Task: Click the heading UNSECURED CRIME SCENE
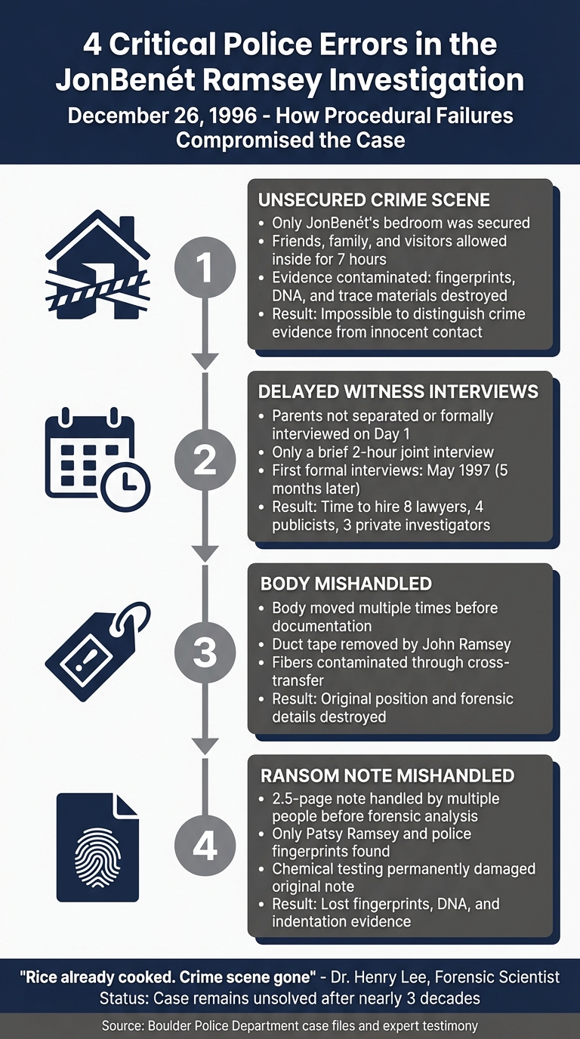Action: (x=374, y=200)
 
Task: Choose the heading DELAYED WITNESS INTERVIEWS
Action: (x=398, y=391)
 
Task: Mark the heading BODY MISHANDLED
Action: (x=346, y=584)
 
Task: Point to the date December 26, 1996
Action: (x=164, y=117)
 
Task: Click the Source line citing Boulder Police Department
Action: (x=290, y=1025)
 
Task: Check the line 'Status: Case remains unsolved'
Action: (x=290, y=997)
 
